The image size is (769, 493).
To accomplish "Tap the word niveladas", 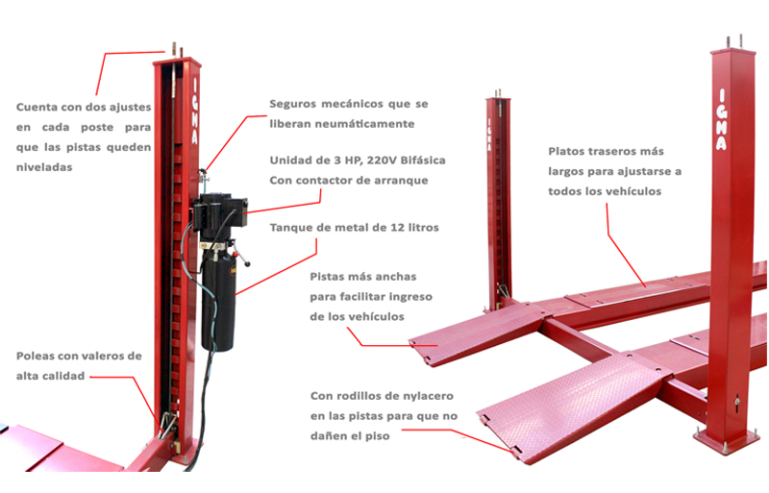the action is click(x=44, y=167).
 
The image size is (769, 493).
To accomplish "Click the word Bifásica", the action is click(x=423, y=160).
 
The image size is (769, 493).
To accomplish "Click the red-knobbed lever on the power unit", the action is click(x=241, y=258).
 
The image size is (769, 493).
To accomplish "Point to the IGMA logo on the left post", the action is click(x=195, y=111).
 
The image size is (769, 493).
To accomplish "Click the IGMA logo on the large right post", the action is click(x=720, y=119).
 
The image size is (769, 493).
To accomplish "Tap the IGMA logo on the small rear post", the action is click(x=489, y=134).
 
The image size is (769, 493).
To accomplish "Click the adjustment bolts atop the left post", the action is click(x=177, y=50).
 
